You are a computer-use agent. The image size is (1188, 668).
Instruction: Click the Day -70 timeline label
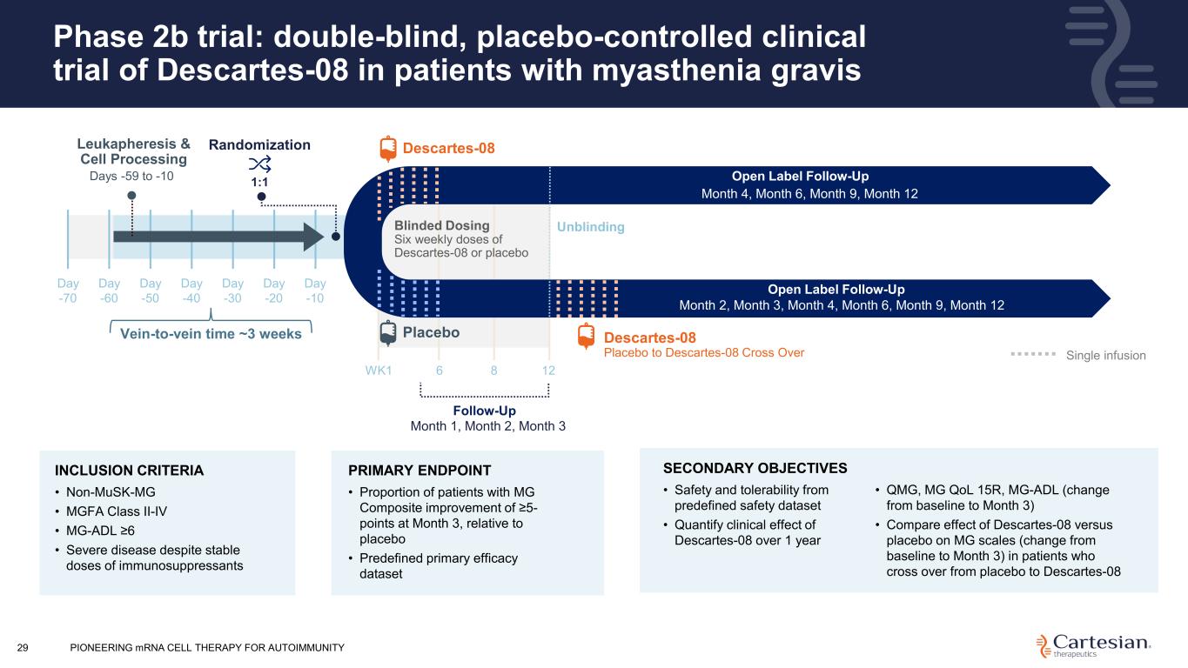[x=68, y=291]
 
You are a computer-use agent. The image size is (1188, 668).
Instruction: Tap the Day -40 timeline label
[x=191, y=291]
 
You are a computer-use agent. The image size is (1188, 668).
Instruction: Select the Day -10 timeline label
[x=315, y=291]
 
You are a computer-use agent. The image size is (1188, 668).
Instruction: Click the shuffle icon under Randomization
[x=259, y=165]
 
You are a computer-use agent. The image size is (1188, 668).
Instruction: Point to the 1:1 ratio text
[x=259, y=183]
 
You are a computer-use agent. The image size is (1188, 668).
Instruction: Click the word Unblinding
[x=591, y=227]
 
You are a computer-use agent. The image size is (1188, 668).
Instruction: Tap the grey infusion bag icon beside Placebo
[x=387, y=333]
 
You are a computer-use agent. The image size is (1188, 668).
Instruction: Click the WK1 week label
[x=379, y=370]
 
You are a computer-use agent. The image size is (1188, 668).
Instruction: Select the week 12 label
[x=548, y=370]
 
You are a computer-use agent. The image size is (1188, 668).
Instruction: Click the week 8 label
[x=493, y=370]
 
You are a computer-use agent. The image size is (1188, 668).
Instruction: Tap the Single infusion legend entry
[x=1105, y=355]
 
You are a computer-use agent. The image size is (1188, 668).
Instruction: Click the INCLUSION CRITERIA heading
[x=129, y=471]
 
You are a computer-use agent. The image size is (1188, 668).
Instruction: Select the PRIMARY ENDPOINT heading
[x=419, y=471]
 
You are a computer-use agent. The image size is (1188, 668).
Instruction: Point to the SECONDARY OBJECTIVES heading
[x=755, y=467]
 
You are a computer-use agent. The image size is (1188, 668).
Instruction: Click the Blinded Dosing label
[x=442, y=226]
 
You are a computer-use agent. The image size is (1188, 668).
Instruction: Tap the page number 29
[x=23, y=647]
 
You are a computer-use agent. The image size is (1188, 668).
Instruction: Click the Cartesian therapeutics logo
[x=1095, y=645]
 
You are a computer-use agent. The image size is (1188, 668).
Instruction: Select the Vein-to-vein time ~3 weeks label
[x=210, y=333]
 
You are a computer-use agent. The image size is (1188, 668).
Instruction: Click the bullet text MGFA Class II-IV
[x=117, y=511]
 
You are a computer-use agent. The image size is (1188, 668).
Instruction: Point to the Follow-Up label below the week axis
[x=485, y=411]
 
